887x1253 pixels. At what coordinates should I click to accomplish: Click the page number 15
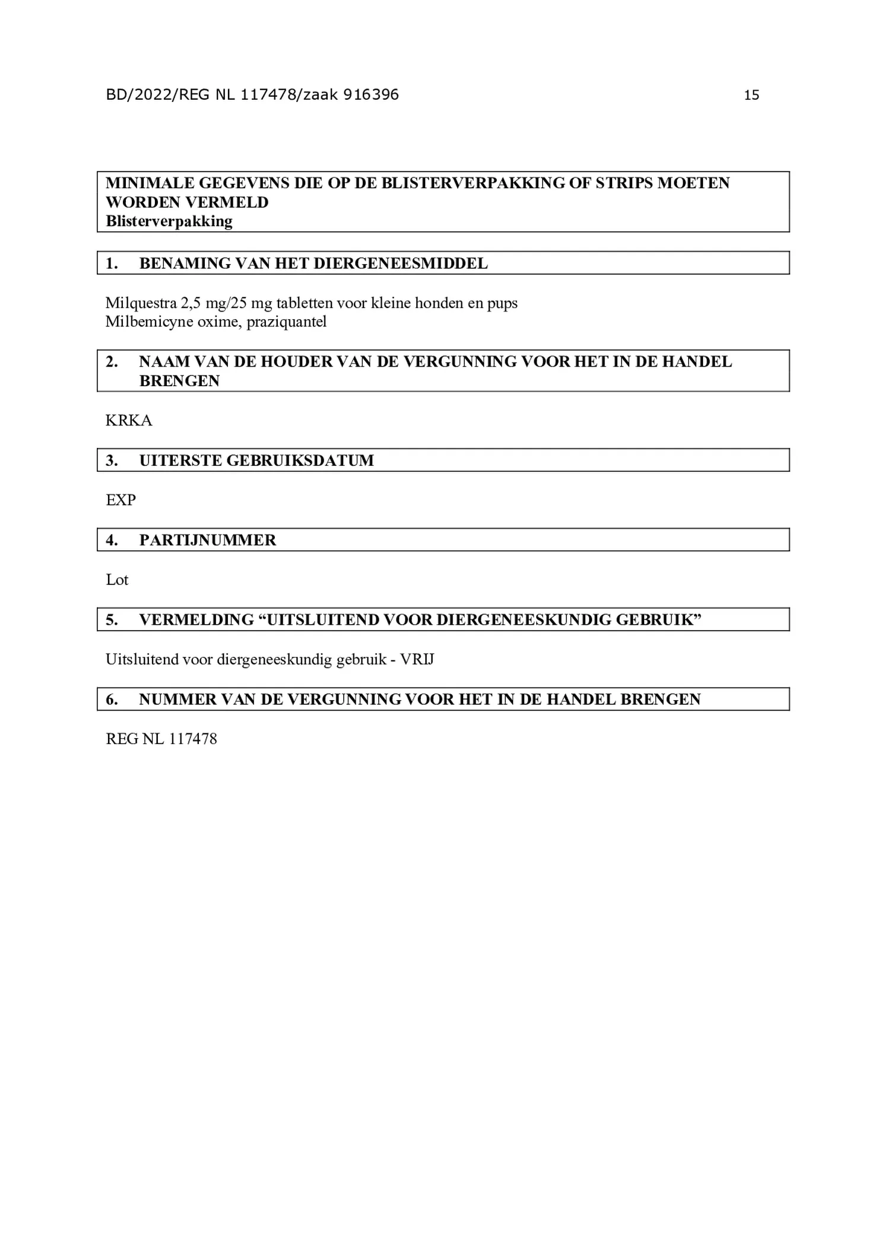click(751, 95)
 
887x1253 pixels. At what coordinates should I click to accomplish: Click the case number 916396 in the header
click(371, 94)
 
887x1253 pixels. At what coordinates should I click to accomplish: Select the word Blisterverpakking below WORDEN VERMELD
click(169, 221)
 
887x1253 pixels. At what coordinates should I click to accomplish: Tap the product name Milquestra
click(141, 303)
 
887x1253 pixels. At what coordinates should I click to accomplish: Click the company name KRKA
click(129, 421)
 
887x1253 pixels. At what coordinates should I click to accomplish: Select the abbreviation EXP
click(121, 500)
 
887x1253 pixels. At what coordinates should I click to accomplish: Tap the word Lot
click(117, 580)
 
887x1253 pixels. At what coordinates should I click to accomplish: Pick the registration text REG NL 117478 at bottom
click(161, 739)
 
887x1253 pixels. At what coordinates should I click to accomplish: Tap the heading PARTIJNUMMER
click(207, 540)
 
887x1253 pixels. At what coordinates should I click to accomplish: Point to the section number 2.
click(112, 362)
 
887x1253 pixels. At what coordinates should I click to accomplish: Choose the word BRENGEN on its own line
click(179, 381)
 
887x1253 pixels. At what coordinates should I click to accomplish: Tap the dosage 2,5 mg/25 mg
click(226, 303)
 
